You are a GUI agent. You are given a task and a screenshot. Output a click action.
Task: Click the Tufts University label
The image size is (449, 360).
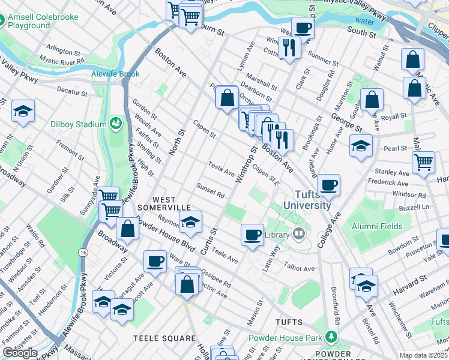click(x=312, y=200)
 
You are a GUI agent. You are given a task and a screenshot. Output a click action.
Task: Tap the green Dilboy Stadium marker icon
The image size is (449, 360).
click(x=115, y=124)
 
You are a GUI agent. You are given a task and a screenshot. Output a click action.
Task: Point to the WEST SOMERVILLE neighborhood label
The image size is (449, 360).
click(x=155, y=203)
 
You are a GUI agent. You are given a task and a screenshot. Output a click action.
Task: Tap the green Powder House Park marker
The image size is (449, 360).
click(x=330, y=338)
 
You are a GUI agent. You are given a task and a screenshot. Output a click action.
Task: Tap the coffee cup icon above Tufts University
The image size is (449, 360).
click(x=328, y=185)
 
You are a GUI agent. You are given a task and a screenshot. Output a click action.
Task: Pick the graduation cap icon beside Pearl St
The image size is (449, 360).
click(x=361, y=146)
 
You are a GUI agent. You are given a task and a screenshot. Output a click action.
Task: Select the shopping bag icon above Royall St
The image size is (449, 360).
click(x=372, y=99)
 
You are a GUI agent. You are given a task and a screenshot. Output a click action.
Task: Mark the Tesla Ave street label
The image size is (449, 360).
click(x=221, y=169)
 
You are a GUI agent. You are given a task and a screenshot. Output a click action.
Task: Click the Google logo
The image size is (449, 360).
click(x=20, y=353)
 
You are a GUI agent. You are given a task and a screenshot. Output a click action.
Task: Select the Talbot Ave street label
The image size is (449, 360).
click(x=300, y=268)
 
